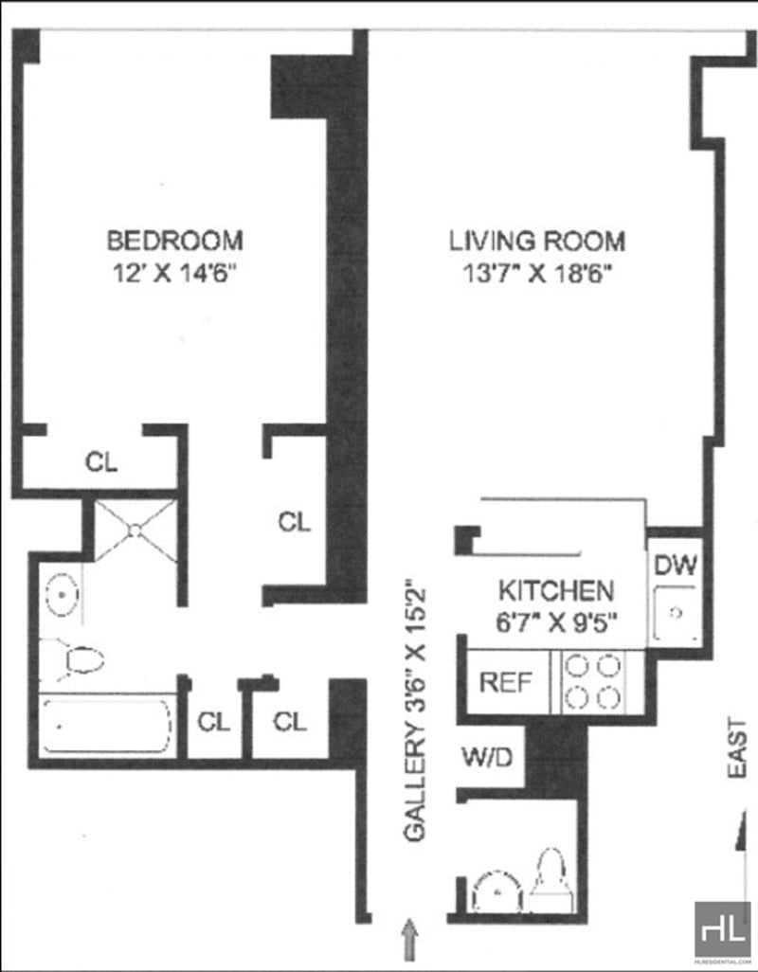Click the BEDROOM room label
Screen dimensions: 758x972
174,241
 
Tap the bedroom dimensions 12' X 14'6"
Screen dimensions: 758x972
175,274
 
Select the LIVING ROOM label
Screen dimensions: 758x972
537,241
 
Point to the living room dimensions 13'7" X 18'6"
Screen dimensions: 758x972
537,274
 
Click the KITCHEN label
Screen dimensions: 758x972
556,591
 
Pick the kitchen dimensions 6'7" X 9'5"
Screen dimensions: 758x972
556,621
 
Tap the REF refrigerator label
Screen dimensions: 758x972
506,682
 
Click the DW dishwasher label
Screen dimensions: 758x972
676,565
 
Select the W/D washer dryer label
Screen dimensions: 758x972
488,757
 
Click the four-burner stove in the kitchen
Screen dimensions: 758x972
593,681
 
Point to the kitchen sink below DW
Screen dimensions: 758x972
677,613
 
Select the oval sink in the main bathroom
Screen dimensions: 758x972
62,595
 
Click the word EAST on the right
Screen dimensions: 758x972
737,748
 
